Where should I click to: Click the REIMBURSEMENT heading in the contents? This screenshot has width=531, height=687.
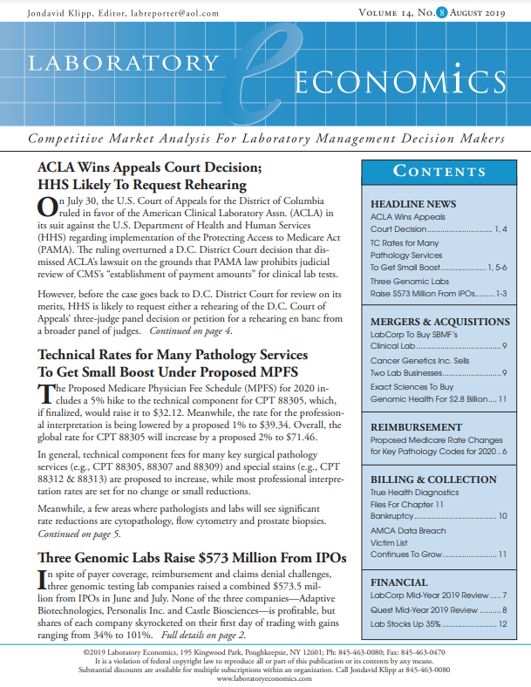(416, 427)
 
